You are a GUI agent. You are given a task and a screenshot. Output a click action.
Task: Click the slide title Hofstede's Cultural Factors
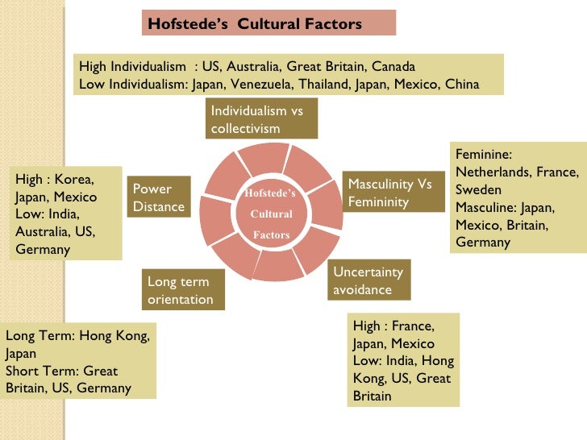[x=255, y=23]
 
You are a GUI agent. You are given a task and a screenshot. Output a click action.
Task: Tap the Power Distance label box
[x=158, y=197]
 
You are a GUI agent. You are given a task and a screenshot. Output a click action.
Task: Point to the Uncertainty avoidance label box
[x=368, y=280]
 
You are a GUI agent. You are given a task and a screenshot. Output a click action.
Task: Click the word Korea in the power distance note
[x=73, y=179]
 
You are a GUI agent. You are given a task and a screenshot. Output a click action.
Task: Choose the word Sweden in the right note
[x=477, y=190]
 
